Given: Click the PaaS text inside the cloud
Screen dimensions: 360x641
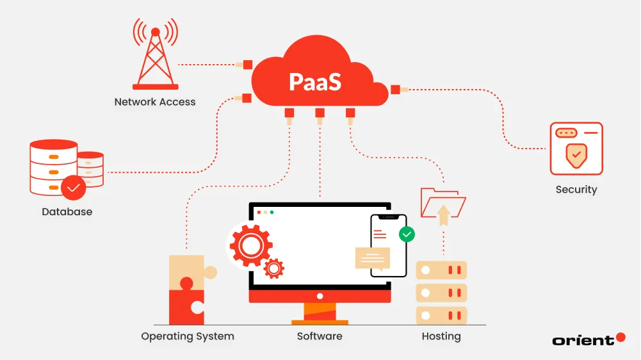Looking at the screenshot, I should (x=315, y=82).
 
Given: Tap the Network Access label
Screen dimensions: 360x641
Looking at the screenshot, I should (x=155, y=102).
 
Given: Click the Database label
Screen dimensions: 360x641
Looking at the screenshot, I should (x=67, y=211).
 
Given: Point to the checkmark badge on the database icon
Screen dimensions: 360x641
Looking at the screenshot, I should (x=73, y=188).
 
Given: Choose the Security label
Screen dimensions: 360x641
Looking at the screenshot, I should (x=576, y=190).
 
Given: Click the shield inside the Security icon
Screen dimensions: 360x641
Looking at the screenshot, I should (x=576, y=155).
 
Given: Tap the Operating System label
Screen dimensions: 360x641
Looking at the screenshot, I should (x=188, y=336).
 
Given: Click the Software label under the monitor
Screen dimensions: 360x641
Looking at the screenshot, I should (x=320, y=336).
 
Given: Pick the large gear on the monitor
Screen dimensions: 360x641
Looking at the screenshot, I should (x=250, y=245).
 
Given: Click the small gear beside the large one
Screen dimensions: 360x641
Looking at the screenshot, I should (x=274, y=268).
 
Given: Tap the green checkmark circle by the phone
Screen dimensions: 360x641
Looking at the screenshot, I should (x=407, y=234).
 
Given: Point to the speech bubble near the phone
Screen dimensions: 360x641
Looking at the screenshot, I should (x=373, y=258).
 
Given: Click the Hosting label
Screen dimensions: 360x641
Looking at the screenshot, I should (x=441, y=336).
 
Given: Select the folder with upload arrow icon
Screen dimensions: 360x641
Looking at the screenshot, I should (x=442, y=204).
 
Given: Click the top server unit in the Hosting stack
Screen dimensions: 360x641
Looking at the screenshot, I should (x=441, y=270).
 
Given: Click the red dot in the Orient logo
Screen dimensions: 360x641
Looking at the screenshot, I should (x=620, y=337).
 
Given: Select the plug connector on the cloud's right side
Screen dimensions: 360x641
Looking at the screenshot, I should (x=396, y=90).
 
